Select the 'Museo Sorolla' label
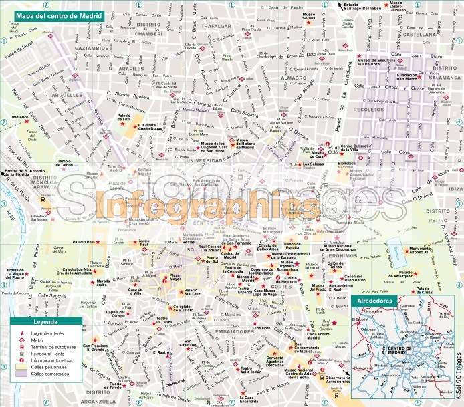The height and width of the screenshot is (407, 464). (310, 17)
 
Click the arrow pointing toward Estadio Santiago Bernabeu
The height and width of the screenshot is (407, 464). (340, 5)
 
